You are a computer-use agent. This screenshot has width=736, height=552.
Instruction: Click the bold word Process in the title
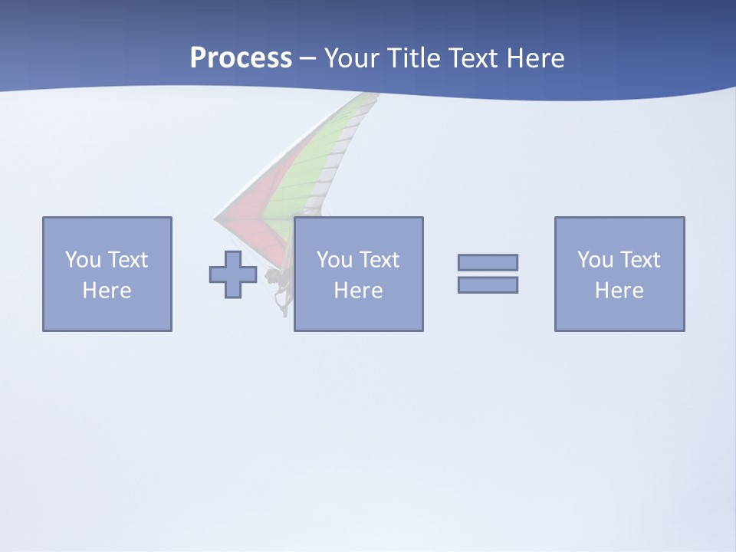[x=241, y=58]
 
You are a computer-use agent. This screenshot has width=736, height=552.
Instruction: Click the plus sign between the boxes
[x=233, y=274]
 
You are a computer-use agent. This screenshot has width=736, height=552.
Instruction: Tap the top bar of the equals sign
[x=488, y=262]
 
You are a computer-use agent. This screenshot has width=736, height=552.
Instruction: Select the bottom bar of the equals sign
[x=488, y=285]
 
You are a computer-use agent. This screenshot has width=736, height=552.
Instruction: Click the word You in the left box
[x=83, y=260]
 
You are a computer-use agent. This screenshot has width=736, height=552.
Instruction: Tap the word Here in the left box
[x=107, y=291]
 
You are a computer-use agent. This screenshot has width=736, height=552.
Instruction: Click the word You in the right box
[x=595, y=260]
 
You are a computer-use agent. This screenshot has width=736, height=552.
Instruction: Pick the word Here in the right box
[x=619, y=291]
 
